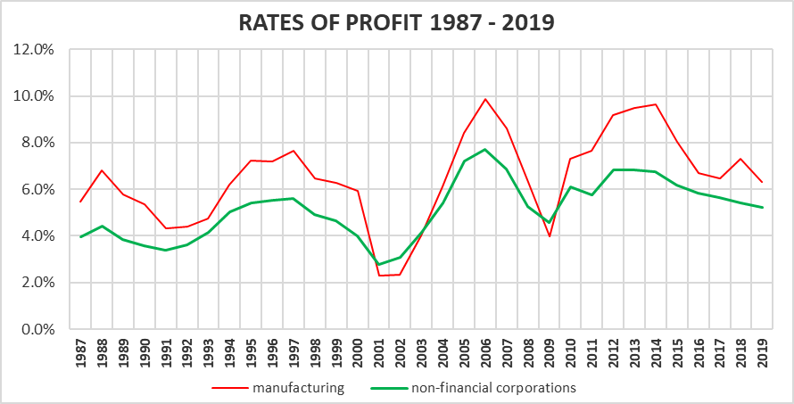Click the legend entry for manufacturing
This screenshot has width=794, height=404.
[x=277, y=388]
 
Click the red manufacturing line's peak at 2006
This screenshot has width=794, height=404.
[x=485, y=99]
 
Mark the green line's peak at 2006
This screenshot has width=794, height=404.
[x=485, y=149]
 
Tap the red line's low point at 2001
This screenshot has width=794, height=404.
[x=379, y=276]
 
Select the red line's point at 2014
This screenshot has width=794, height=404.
[x=656, y=104]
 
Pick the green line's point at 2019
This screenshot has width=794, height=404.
[x=762, y=208]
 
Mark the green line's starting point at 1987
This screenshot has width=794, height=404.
[x=81, y=237]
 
